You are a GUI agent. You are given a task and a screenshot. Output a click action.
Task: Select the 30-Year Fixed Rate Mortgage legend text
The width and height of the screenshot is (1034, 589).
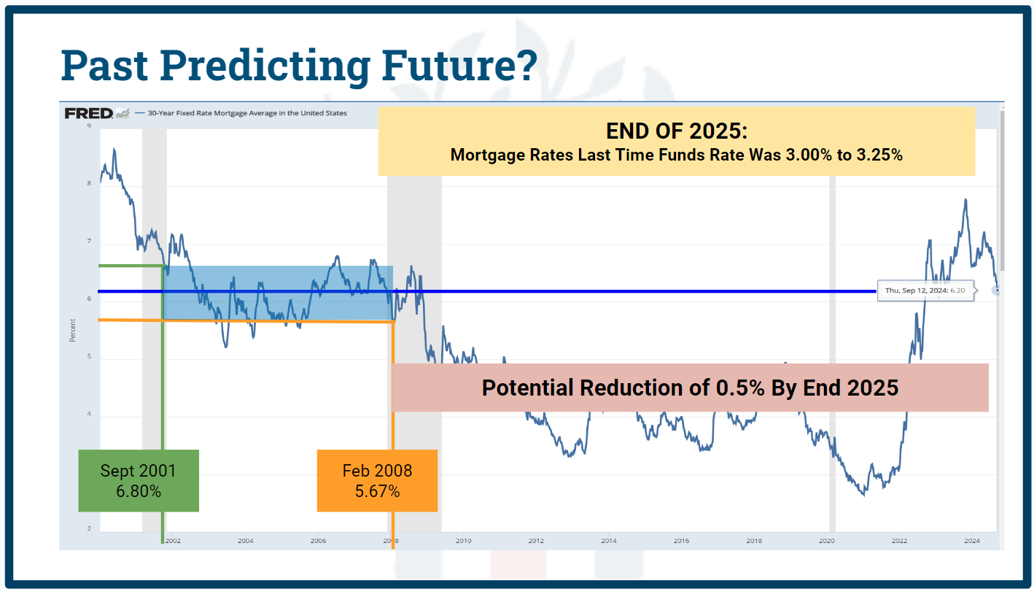[x=247, y=113]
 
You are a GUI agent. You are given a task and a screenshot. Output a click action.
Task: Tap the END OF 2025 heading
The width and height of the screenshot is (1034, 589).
[x=677, y=131]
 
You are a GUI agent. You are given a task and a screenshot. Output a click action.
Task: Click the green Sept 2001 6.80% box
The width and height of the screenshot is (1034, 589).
[x=139, y=480]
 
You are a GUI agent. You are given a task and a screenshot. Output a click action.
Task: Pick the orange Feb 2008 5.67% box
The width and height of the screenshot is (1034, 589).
[x=377, y=480]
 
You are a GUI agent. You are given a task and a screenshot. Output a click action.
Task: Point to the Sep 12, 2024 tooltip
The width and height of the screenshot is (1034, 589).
[x=925, y=290]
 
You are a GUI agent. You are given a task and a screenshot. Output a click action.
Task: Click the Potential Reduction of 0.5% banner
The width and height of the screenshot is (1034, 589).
[x=690, y=388]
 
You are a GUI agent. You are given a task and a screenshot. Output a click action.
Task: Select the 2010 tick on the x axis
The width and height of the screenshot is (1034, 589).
[x=464, y=541]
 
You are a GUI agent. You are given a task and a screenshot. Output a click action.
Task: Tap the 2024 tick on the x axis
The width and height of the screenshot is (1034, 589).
[x=971, y=541]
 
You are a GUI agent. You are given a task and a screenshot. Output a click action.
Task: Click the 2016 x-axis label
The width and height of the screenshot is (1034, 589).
[x=681, y=541]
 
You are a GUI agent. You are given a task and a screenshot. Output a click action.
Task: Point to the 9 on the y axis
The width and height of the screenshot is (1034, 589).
[x=89, y=126]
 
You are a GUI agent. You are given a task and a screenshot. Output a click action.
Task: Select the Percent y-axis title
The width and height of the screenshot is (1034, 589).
[x=73, y=330]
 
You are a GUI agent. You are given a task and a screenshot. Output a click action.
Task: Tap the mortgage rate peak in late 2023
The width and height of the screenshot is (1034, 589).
[x=965, y=200]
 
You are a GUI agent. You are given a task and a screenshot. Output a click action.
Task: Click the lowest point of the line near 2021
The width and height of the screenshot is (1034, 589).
[x=865, y=495]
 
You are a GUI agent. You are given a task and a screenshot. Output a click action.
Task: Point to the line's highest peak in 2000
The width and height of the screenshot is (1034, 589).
[x=114, y=149]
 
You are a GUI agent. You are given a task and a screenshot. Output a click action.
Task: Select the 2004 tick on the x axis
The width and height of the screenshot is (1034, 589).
[x=246, y=541]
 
